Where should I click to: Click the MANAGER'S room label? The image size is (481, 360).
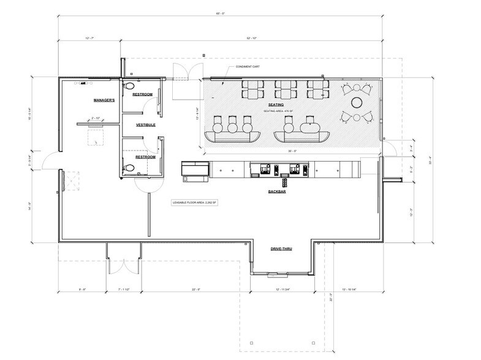click(105, 99)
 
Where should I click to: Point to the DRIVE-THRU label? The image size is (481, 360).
click(283, 249)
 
